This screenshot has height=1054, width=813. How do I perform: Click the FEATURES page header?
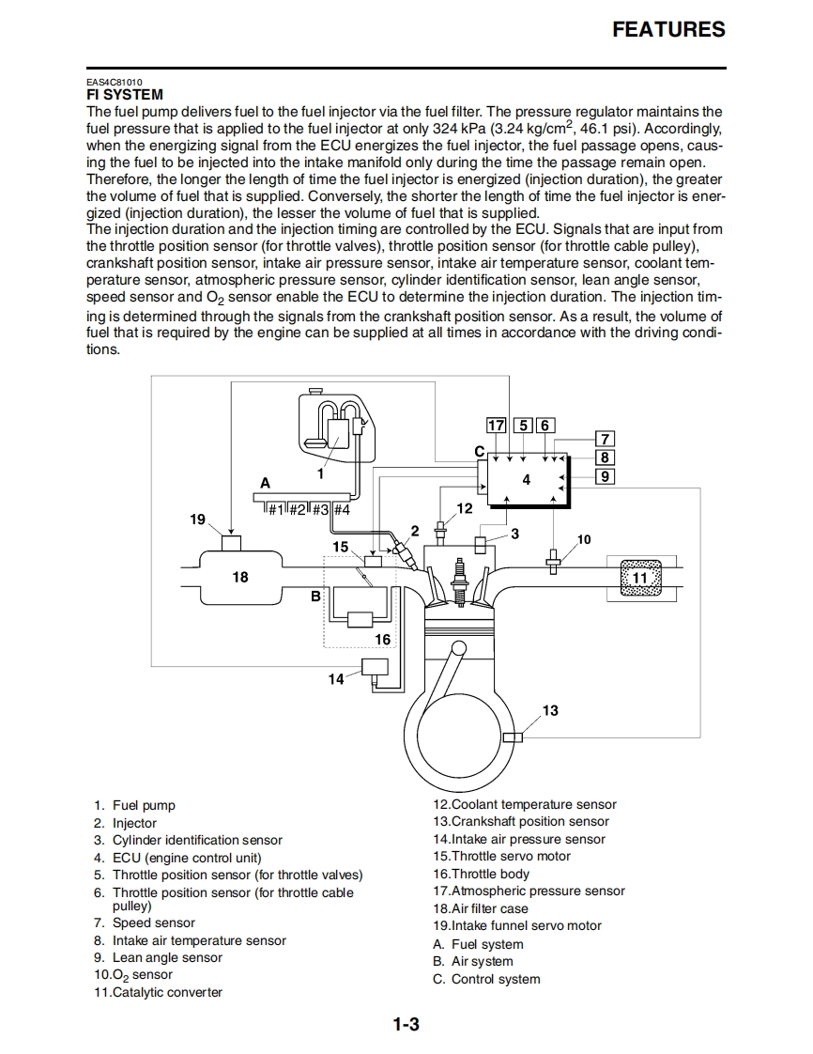pyautogui.click(x=668, y=29)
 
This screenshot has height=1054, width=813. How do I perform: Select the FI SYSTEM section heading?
pyautogui.click(x=124, y=95)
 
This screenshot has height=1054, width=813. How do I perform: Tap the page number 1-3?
pyautogui.click(x=406, y=1025)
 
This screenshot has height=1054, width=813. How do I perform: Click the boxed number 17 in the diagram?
pyautogui.click(x=496, y=426)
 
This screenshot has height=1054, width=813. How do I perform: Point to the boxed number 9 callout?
pyautogui.click(x=606, y=476)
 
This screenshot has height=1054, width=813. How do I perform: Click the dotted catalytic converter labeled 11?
pyautogui.click(x=640, y=577)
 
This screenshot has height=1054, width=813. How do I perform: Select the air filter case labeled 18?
pyautogui.click(x=240, y=577)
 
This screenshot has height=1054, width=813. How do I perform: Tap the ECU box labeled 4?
pyautogui.click(x=527, y=480)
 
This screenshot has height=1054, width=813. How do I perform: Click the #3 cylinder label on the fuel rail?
pyautogui.click(x=319, y=510)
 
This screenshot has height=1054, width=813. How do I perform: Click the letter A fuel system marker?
pyautogui.click(x=265, y=483)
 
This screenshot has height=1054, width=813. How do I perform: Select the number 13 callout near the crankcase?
pyautogui.click(x=550, y=710)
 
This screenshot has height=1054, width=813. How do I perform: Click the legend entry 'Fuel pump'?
pyautogui.click(x=144, y=805)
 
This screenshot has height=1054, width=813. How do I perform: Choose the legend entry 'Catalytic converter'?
pyautogui.click(x=166, y=992)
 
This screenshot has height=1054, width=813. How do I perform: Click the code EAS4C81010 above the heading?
pyautogui.click(x=115, y=83)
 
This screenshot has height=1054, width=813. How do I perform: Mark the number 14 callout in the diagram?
pyautogui.click(x=335, y=679)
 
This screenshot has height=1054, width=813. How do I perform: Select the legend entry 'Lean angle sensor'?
pyautogui.click(x=166, y=957)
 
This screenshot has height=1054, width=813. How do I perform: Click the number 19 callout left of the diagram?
pyautogui.click(x=197, y=519)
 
